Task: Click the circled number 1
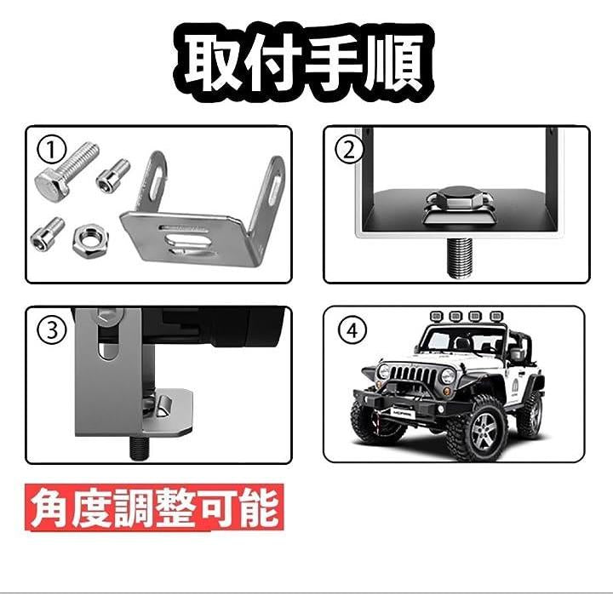(51, 150)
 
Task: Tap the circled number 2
(349, 150)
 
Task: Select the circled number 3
(51, 330)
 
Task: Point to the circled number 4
(352, 330)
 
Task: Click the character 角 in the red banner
(49, 508)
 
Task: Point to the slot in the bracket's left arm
(157, 177)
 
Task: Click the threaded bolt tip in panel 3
(140, 448)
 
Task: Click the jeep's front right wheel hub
(484, 431)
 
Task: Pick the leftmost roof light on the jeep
(435, 315)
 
